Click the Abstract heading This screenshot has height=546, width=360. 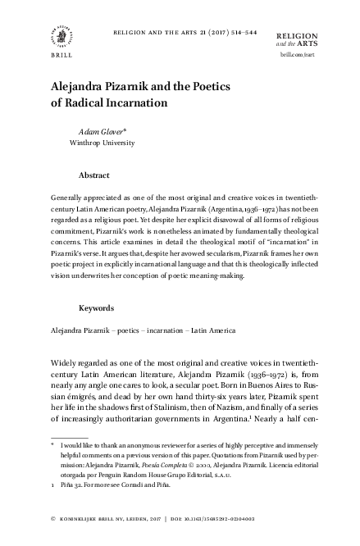[x=96, y=175]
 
